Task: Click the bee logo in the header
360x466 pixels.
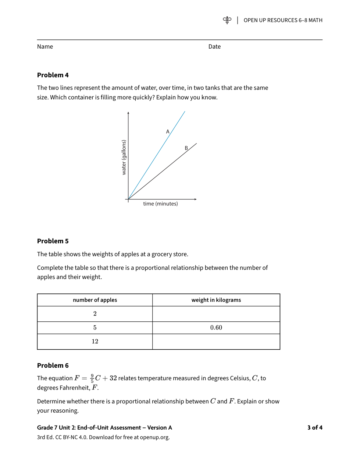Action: (227, 20)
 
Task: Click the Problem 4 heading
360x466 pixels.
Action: (53, 75)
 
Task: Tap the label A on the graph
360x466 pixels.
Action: (168, 131)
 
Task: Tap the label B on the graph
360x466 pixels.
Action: (186, 148)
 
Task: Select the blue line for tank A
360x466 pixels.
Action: (156, 156)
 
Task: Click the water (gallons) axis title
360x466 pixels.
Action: (124, 157)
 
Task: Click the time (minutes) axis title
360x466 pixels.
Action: (160, 204)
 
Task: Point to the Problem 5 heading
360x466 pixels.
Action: (53, 241)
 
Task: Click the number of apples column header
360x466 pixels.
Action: (95, 300)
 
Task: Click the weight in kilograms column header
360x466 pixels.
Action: (216, 300)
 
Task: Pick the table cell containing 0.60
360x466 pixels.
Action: (216, 328)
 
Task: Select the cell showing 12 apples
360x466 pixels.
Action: (95, 342)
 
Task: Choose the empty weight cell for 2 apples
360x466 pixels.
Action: (216, 314)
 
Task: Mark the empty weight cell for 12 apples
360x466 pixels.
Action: (216, 342)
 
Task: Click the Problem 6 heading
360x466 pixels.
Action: (53, 366)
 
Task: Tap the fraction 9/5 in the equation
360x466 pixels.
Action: (92, 378)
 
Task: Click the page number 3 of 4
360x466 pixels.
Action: (315, 427)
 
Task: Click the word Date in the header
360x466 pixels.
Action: (214, 47)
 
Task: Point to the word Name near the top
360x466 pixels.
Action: (45, 47)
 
